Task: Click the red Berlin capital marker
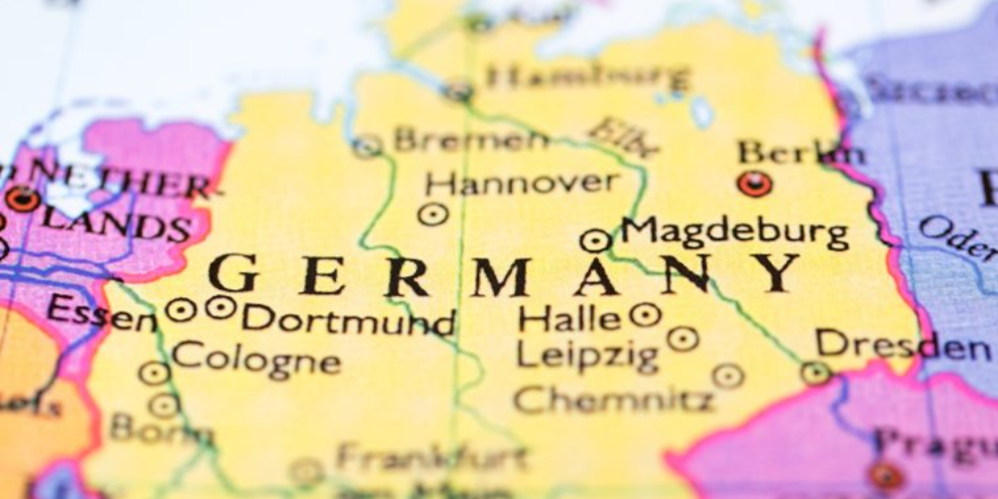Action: click(754, 184)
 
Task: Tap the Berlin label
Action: click(801, 153)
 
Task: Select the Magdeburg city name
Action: click(735, 233)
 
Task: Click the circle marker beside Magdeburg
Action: click(595, 240)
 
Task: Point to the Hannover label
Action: click(522, 183)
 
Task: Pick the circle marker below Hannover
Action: click(432, 214)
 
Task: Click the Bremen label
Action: click(470, 140)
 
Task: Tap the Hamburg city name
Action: click(588, 76)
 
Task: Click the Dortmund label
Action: click(348, 320)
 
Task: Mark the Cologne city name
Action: click(254, 356)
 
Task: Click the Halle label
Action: click(570, 318)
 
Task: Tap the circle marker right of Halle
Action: click(646, 315)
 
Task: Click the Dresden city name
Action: click(902, 345)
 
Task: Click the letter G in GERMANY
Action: click(233, 273)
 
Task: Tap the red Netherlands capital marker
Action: click(21, 199)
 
